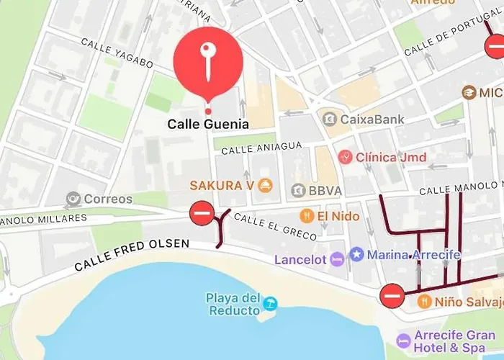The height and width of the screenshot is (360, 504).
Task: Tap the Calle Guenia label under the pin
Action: [x=208, y=124]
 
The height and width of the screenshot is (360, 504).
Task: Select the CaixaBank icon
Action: [x=330, y=119]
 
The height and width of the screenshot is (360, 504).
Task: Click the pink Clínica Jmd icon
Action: [x=346, y=157]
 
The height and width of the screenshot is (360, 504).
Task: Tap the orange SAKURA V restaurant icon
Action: [x=265, y=185]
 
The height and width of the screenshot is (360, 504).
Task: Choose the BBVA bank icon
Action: [x=297, y=190]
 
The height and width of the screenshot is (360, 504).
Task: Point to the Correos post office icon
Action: [x=73, y=199]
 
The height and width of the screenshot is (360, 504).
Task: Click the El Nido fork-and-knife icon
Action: [x=307, y=215]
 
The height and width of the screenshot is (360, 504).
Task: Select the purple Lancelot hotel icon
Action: [x=337, y=258]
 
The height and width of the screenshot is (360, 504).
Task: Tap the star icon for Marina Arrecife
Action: [x=356, y=254]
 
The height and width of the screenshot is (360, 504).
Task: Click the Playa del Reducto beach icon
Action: [x=270, y=304]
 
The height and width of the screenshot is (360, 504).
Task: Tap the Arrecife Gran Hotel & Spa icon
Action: [x=403, y=340]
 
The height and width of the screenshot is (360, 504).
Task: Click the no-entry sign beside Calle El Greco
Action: [x=202, y=213]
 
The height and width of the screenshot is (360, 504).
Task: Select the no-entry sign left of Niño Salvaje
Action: [x=392, y=294]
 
